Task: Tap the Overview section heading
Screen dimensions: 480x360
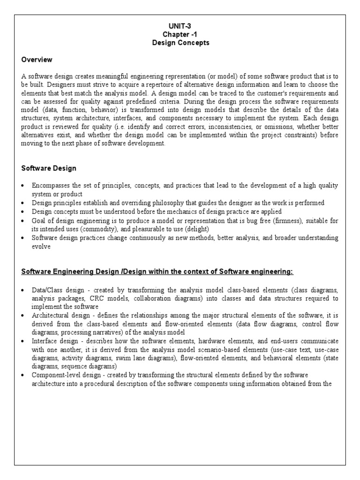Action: pyautogui.click(x=37, y=60)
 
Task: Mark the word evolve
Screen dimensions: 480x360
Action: pyautogui.click(x=41, y=246)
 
